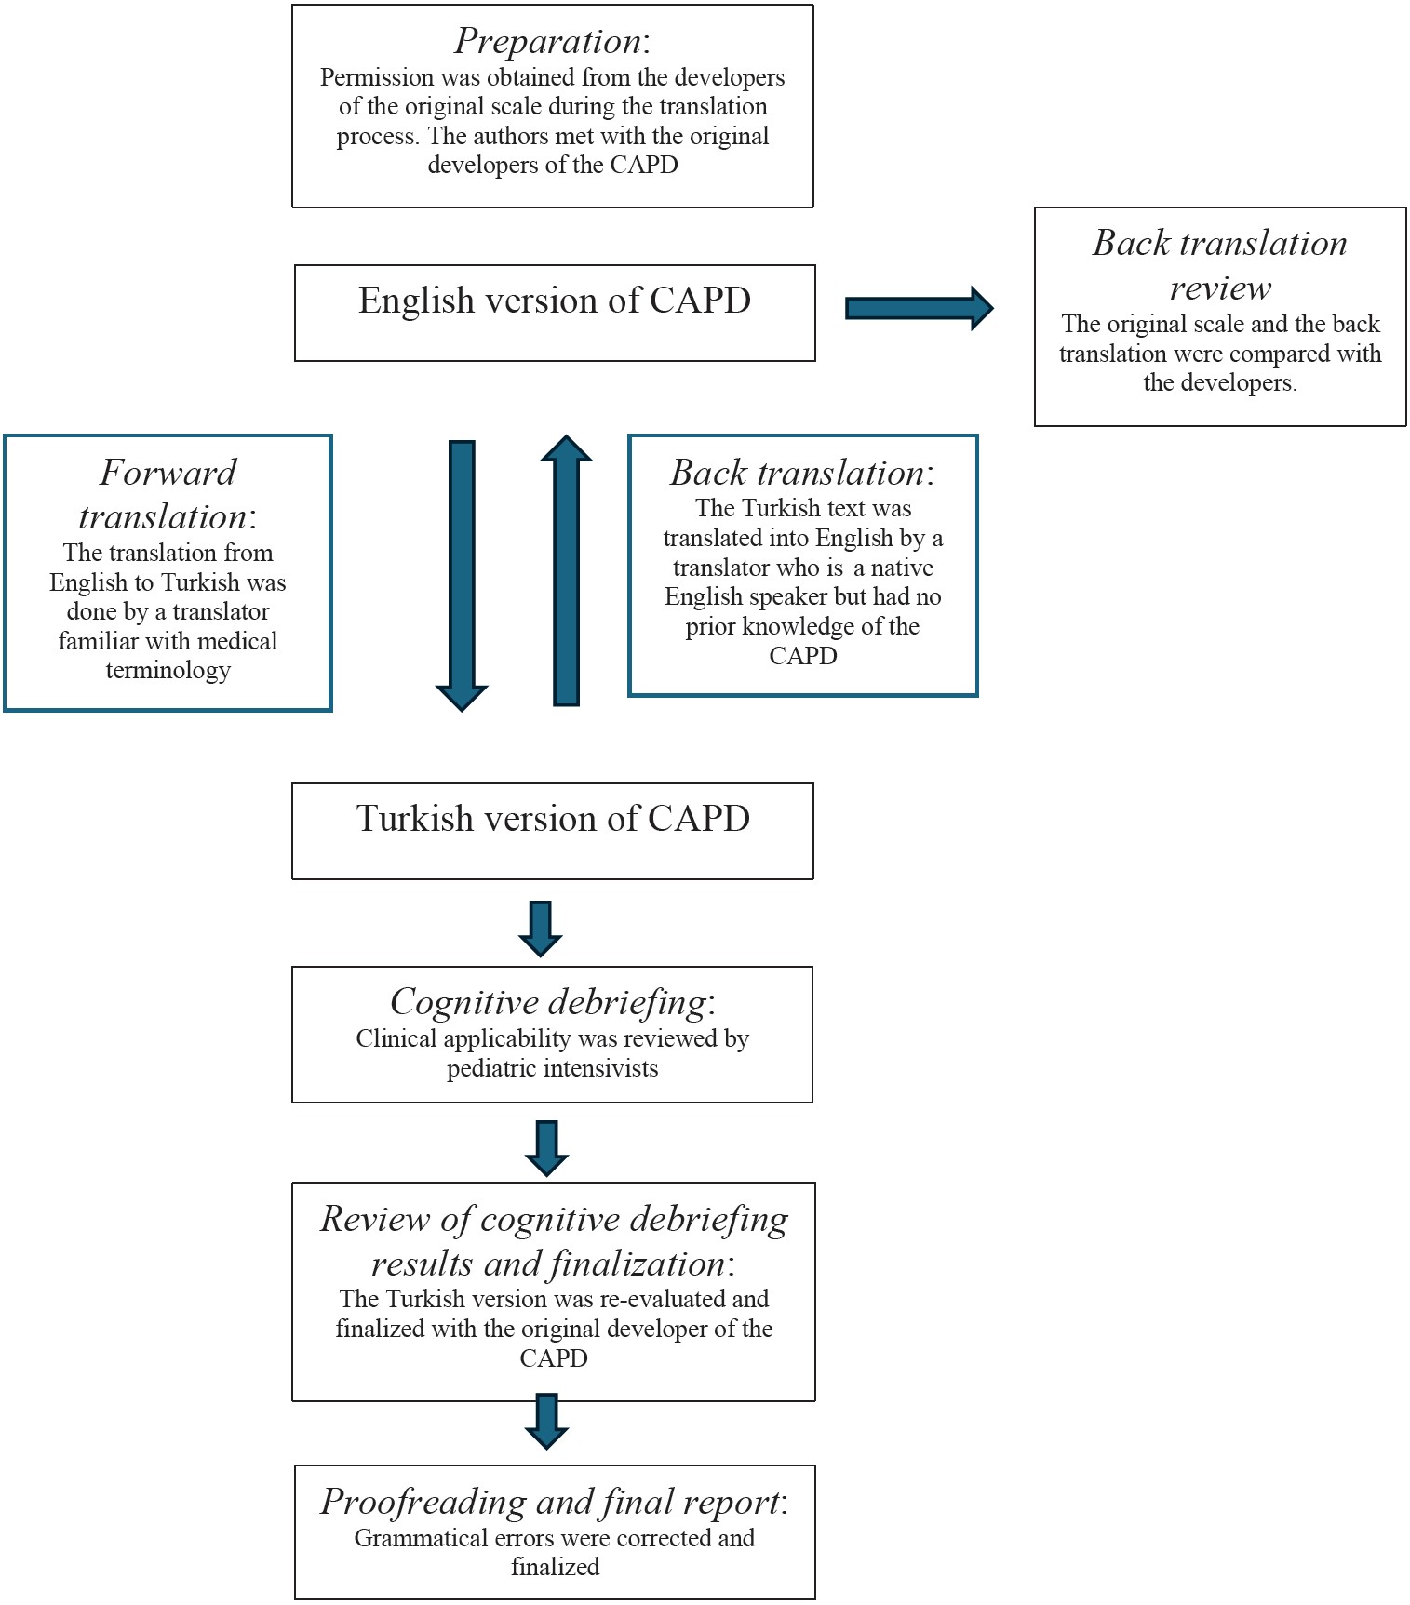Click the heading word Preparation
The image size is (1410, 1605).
(x=547, y=42)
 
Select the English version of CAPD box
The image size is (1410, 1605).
(x=555, y=313)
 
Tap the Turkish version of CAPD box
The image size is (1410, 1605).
(x=553, y=831)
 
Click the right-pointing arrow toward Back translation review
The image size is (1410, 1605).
(x=919, y=308)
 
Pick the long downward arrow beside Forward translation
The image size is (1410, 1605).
(x=462, y=576)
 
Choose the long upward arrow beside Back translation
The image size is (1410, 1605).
(x=566, y=569)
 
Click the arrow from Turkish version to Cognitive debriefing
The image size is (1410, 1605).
(x=540, y=929)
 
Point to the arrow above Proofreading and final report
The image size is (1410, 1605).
(x=546, y=1421)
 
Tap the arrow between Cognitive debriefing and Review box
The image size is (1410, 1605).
(x=546, y=1148)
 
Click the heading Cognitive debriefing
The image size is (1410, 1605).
(x=549, y=1003)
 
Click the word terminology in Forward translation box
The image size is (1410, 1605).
(x=168, y=671)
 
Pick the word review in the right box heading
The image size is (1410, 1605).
(x=1220, y=288)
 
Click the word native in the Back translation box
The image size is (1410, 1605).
(x=902, y=568)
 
